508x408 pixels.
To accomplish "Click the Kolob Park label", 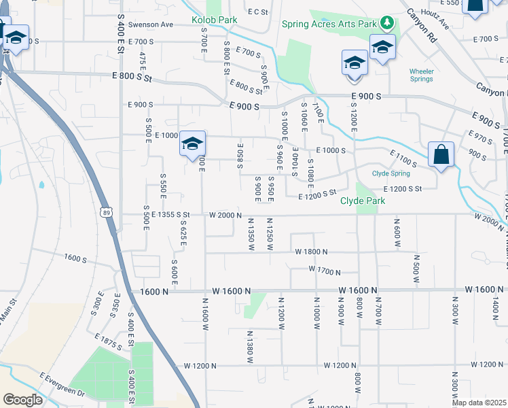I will click(x=214, y=20).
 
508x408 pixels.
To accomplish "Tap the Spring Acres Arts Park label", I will click(x=329, y=24).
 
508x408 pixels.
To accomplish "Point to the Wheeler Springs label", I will click(x=421, y=75).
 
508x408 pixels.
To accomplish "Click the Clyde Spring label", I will click(x=391, y=173).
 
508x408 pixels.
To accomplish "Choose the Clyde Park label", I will click(x=363, y=201).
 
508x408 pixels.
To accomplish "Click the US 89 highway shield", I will click(x=107, y=213).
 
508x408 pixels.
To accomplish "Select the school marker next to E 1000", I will click(x=193, y=143).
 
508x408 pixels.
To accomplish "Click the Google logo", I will click(x=23, y=400).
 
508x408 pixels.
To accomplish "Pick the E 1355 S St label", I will click(x=160, y=215).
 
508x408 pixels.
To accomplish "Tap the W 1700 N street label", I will click(x=324, y=271).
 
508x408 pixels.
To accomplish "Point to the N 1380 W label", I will click(x=250, y=346).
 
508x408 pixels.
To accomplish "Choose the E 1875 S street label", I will click(x=109, y=341).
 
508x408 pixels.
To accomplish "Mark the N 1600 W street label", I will click(x=204, y=313).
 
